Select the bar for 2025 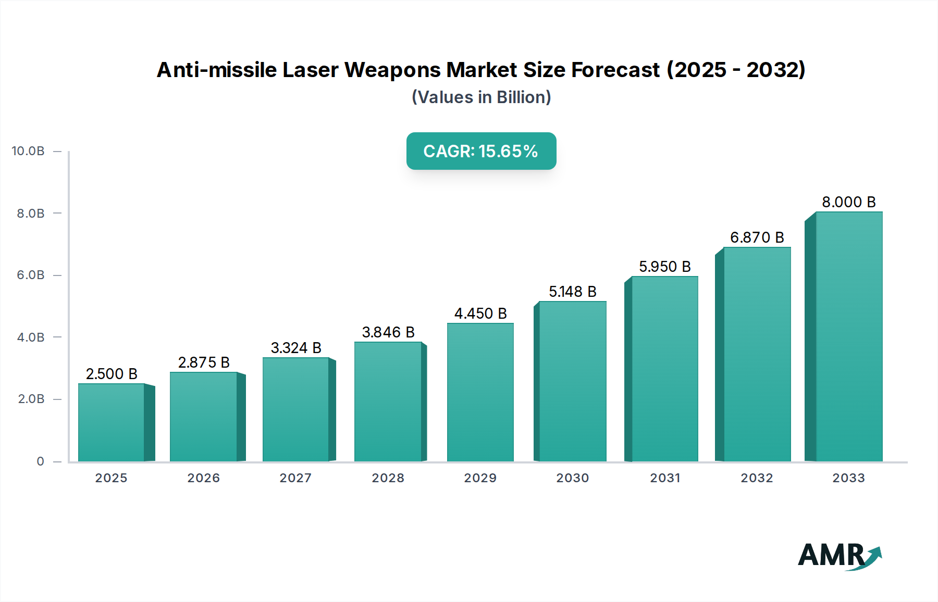(112, 422)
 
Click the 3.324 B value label (296, 348)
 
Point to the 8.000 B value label (849, 202)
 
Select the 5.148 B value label (572, 292)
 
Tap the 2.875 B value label (204, 362)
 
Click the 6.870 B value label (757, 237)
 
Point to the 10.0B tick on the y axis (28, 151)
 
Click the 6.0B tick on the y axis (31, 275)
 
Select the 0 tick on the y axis (40, 461)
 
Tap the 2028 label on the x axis (388, 478)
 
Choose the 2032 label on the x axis (757, 478)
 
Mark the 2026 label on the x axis (204, 478)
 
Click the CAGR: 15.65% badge (481, 151)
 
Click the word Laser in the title (310, 70)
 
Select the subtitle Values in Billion (481, 97)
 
